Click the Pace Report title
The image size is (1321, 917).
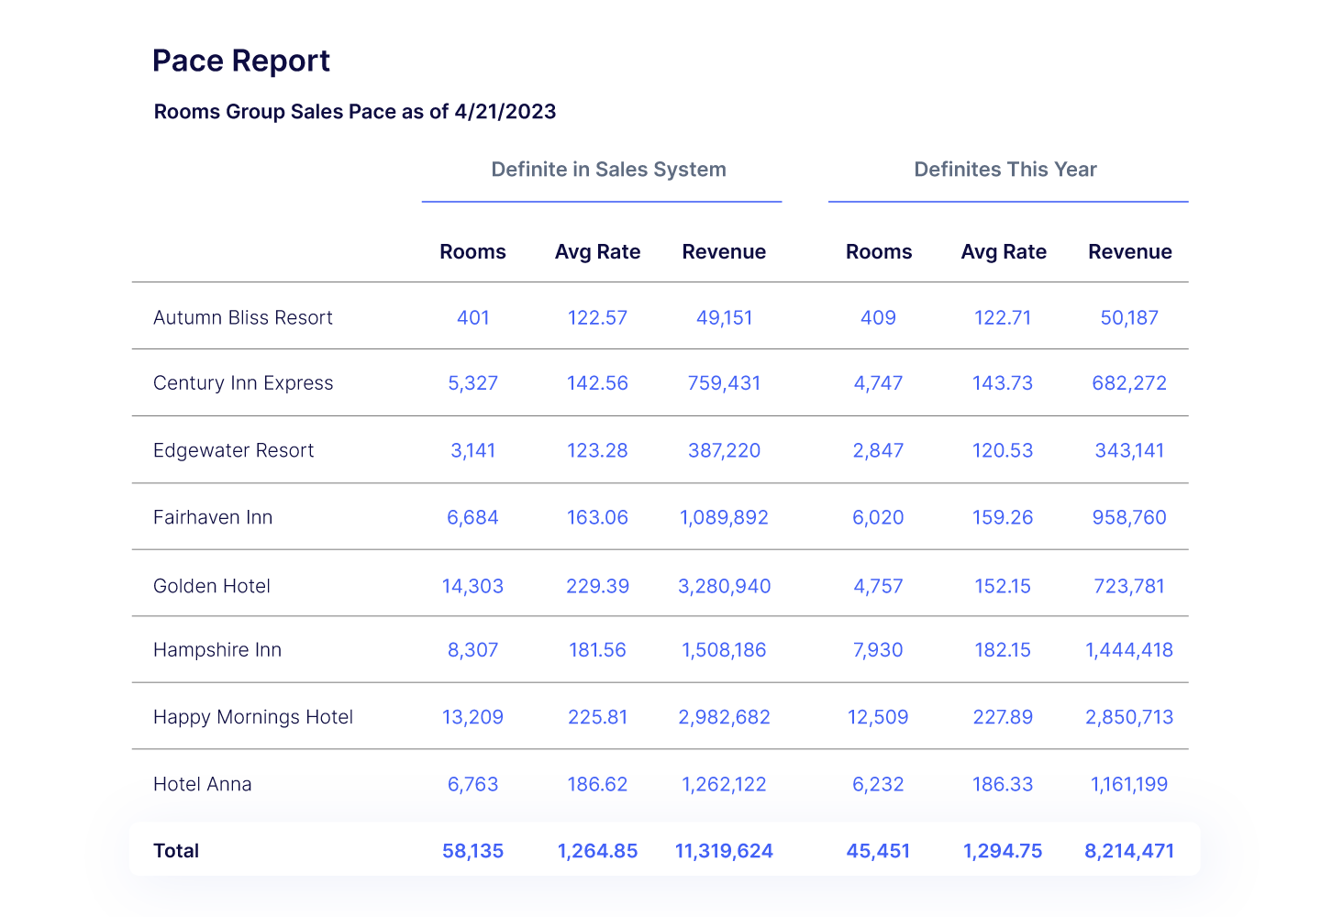(x=241, y=61)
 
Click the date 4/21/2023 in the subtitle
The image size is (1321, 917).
(x=505, y=112)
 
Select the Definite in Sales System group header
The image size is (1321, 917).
(x=608, y=170)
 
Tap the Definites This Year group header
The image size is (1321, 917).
(x=1005, y=170)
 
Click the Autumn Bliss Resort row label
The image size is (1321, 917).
(x=242, y=318)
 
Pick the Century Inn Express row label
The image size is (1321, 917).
(x=243, y=383)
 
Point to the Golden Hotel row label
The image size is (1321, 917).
(x=212, y=586)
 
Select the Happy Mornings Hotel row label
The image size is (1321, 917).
(x=253, y=717)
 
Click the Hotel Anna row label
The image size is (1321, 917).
(x=202, y=785)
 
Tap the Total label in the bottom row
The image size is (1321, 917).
(x=176, y=851)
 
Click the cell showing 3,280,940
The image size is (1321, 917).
(x=724, y=586)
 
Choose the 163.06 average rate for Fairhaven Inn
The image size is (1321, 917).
(x=597, y=517)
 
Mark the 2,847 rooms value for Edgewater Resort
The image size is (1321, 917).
(x=878, y=450)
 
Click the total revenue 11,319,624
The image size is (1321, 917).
(x=724, y=851)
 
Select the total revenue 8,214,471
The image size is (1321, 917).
(x=1129, y=851)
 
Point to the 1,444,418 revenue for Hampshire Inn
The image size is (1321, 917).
(x=1129, y=650)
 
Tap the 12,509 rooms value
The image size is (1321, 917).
(x=878, y=717)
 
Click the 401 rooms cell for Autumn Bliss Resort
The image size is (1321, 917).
(x=472, y=318)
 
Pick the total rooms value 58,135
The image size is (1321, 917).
(x=472, y=851)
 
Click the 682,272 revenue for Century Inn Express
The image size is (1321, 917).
(x=1129, y=383)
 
